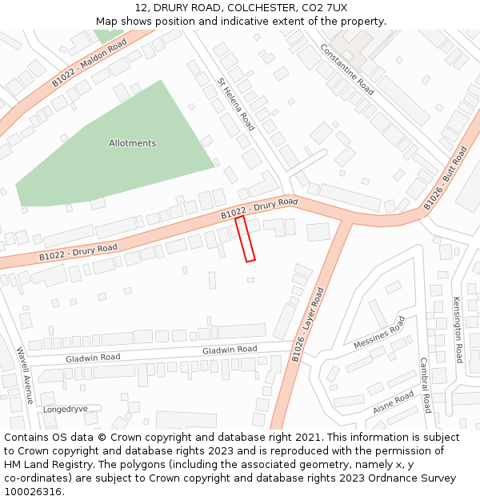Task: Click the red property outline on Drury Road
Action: click(x=246, y=238)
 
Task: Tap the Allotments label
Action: click(x=132, y=143)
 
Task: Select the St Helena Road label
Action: click(x=236, y=104)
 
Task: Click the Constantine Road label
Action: click(x=347, y=69)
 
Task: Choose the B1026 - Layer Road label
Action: click(x=308, y=325)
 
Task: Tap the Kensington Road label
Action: click(x=458, y=330)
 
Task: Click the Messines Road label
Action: click(x=379, y=333)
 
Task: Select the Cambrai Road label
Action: click(x=426, y=385)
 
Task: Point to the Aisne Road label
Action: click(x=393, y=402)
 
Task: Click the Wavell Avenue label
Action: click(x=24, y=374)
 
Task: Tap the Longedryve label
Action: click(x=66, y=408)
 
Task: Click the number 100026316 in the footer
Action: click(x=31, y=491)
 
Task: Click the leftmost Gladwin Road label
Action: click(x=93, y=358)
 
